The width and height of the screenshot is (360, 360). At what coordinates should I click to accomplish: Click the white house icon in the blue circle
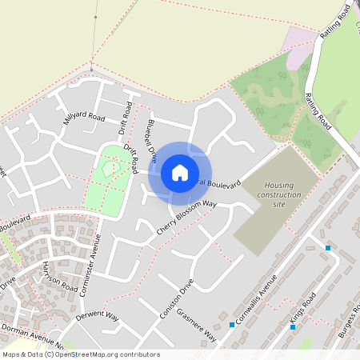[x=180, y=172]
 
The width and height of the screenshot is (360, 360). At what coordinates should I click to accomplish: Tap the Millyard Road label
[x=85, y=118]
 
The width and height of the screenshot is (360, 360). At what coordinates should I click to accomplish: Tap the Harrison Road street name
[x=60, y=277]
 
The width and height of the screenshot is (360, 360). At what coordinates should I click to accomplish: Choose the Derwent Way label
[x=97, y=317]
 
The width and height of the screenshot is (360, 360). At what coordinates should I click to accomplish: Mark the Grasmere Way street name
[x=197, y=322]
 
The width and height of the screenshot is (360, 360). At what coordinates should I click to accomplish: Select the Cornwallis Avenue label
[x=258, y=297]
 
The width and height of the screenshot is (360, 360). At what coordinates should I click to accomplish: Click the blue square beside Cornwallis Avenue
[x=231, y=325]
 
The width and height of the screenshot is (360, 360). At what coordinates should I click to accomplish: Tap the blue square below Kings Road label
[x=292, y=326]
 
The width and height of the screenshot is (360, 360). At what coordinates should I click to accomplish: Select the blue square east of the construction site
[x=328, y=248]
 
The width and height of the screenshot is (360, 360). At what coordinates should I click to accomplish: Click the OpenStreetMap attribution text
[x=80, y=354]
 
